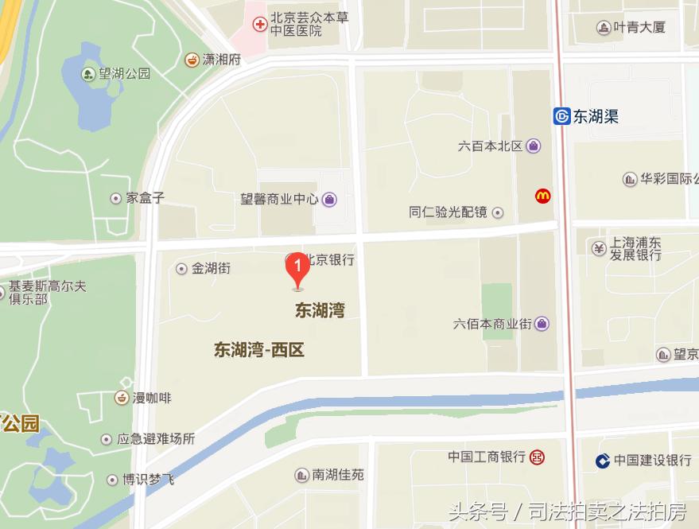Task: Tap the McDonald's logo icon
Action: (543, 195)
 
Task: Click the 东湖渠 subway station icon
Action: (561, 117)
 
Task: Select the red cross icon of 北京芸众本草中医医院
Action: (259, 25)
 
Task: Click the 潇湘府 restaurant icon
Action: (192, 59)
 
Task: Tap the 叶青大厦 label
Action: (642, 27)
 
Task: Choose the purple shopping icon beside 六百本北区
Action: (533, 146)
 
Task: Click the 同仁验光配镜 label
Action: (448, 212)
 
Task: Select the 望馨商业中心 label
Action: (279, 199)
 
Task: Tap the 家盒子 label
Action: (145, 197)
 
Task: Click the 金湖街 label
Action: (211, 268)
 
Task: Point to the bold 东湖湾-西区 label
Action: (259, 350)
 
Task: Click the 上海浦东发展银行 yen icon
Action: (599, 248)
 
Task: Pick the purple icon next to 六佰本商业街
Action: (542, 324)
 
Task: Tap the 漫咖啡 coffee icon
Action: (122, 398)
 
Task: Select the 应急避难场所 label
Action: (156, 438)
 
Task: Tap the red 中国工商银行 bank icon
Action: (538, 457)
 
